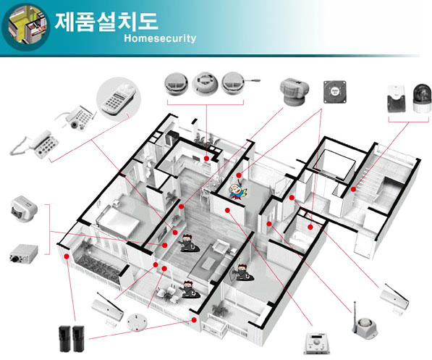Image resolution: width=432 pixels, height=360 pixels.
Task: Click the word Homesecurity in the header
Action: point(160,38)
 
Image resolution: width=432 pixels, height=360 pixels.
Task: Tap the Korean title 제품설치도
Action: point(106,21)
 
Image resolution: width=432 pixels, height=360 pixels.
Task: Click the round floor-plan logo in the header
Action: point(25,27)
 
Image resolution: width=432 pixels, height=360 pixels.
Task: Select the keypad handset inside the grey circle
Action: point(119,99)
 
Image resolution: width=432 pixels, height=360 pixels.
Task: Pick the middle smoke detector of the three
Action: point(205,83)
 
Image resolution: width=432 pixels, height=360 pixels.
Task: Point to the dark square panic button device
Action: point(334,92)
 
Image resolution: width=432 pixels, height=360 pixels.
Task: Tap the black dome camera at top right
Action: point(422,98)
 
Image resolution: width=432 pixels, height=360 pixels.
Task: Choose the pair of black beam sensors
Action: point(72,338)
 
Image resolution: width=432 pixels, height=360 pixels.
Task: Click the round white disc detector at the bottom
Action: point(137,322)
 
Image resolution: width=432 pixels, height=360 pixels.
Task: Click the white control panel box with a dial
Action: point(317,343)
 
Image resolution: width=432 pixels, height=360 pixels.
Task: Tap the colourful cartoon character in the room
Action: point(237,191)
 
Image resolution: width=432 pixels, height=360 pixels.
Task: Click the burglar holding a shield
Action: point(242,273)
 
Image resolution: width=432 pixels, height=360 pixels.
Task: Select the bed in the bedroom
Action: point(119,222)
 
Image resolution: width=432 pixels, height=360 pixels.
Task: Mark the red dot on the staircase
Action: point(353,189)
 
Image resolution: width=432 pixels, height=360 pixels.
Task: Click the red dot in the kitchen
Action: point(206,158)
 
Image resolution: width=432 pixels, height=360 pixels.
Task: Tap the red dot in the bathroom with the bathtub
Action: point(310,227)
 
